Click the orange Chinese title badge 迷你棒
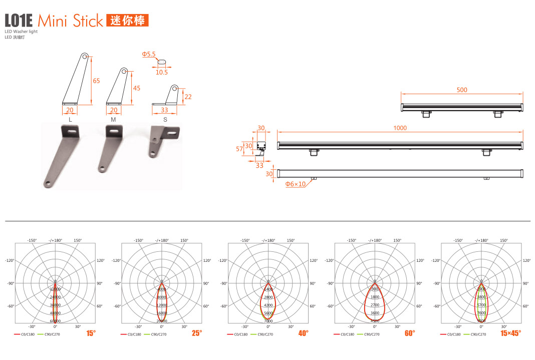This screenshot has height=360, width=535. (127, 21)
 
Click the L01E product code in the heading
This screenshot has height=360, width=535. (19, 21)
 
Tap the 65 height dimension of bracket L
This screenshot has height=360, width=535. (96, 81)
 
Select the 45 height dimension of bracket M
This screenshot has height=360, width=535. (136, 88)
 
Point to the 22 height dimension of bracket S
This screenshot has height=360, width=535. (188, 97)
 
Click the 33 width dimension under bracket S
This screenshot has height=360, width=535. (165, 110)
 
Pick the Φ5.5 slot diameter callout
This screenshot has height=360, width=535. (149, 54)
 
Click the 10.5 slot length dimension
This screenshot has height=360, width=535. (161, 72)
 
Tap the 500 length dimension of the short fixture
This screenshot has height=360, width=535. (461, 90)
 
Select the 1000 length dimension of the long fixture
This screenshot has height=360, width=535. (400, 128)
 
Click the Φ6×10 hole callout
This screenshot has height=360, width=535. (296, 184)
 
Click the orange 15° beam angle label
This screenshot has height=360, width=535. (91, 333)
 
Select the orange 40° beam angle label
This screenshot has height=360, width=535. (304, 333)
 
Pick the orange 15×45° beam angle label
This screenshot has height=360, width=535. (510, 333)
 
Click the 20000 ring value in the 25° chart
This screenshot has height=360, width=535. (162, 321)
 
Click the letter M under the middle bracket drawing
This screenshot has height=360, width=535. (113, 120)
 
